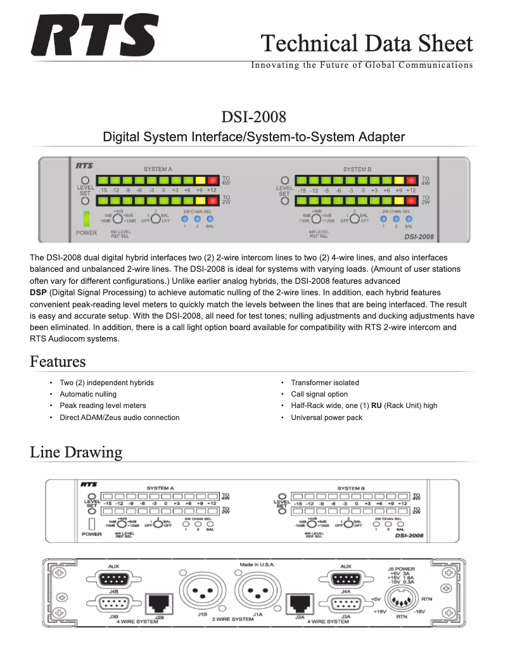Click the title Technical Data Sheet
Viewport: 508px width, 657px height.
pos(367,43)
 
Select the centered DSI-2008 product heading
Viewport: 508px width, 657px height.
pos(253,117)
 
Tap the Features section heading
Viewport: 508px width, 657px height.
pos(58,362)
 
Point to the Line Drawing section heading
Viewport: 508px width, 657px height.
pos(76,452)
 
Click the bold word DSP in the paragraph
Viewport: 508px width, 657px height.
pos(38,293)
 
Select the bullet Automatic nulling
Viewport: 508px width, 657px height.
pos(88,394)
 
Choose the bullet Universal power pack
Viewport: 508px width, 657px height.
pos(326,418)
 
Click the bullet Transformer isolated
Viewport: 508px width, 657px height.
pos(324,383)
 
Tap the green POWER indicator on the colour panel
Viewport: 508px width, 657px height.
pos(86,219)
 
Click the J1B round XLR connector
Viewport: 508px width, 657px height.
pos(202,592)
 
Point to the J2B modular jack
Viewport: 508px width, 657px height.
pos(158,604)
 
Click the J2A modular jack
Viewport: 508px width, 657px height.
pos(299,604)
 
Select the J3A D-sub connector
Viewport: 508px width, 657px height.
pos(345,604)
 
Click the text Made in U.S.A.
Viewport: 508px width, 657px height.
pos(257,565)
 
